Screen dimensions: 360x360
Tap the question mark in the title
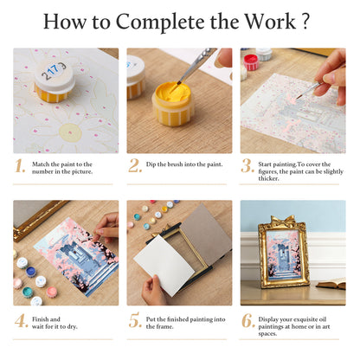click(x=306, y=21)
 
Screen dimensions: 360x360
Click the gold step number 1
click(x=20, y=166)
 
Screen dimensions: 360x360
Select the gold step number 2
click(x=135, y=166)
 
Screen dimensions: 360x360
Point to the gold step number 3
click(x=247, y=166)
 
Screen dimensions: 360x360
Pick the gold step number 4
click(x=22, y=321)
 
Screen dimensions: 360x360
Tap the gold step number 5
click(x=135, y=320)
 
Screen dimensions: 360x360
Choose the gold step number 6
click(x=248, y=321)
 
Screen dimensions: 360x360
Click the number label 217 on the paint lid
click(x=54, y=71)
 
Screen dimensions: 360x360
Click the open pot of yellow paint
click(x=172, y=103)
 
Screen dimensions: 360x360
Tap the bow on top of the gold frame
click(x=282, y=221)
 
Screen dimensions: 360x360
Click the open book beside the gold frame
click(x=331, y=284)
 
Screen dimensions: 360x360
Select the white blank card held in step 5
click(x=164, y=265)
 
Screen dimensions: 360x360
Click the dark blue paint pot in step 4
click(x=30, y=272)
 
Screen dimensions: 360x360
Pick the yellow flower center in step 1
click(x=70, y=132)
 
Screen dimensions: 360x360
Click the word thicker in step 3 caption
click(x=268, y=178)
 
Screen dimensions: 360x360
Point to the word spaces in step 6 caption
click(x=267, y=334)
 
